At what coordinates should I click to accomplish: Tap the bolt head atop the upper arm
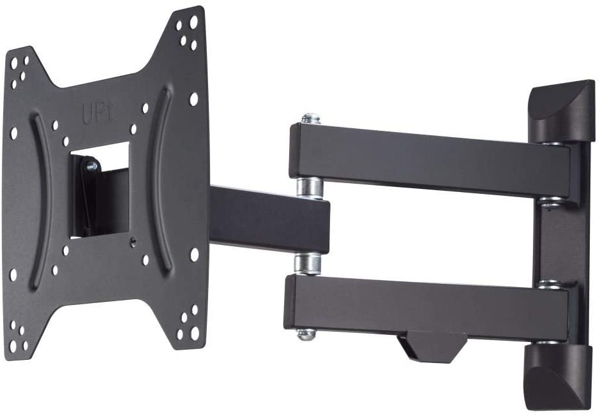click(x=311, y=119)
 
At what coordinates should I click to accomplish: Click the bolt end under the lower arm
click(x=306, y=333)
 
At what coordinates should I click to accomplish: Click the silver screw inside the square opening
click(x=91, y=167)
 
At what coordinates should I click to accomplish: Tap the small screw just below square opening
click(x=133, y=242)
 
